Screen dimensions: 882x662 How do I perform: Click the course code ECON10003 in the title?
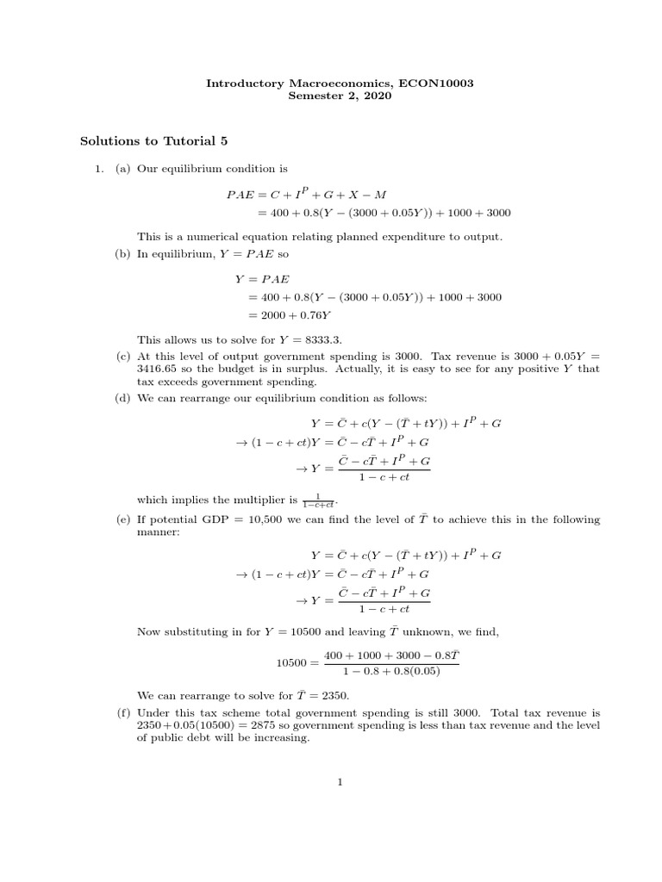tap(439, 83)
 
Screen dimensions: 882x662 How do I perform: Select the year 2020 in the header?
tap(378, 96)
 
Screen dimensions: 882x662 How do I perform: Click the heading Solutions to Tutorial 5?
tap(153, 140)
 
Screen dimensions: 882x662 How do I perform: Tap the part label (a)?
tap(123, 169)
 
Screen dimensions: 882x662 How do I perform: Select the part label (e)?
tap(123, 520)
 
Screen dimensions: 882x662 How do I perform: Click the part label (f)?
tap(123, 713)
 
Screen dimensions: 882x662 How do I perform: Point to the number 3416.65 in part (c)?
tap(160, 369)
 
